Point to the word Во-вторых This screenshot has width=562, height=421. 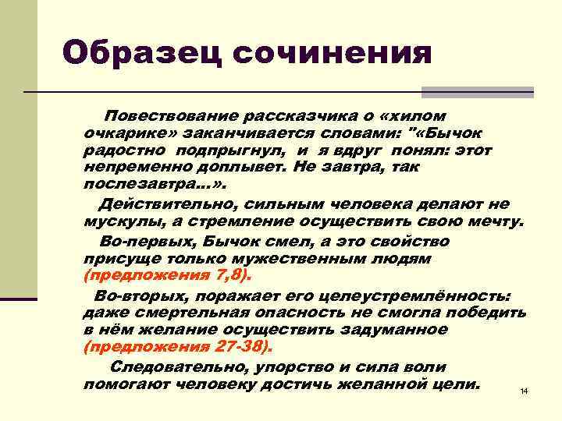pos(140,296)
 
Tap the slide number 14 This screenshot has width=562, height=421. pos(524,390)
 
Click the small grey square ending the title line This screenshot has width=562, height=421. pos(527,92)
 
